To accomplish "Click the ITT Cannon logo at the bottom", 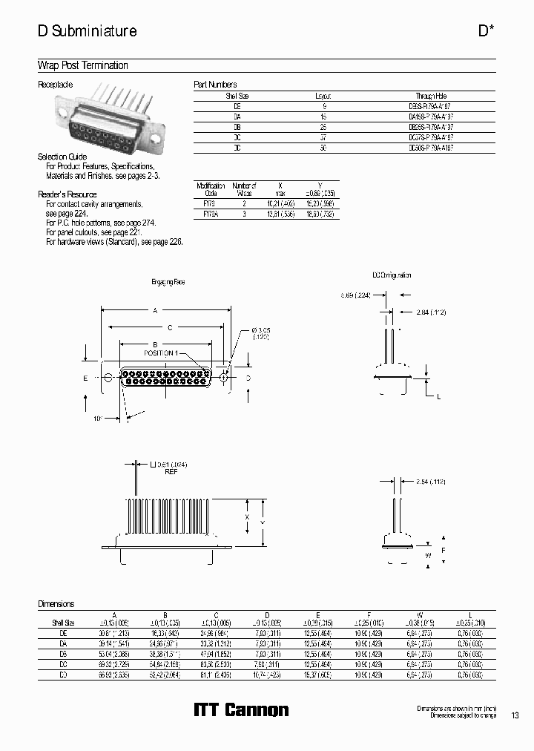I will click(241, 710).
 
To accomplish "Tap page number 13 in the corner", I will click(515, 715).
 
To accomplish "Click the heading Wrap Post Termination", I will click(83, 65).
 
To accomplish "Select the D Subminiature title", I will click(87, 31).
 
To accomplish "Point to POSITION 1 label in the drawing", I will click(160, 353).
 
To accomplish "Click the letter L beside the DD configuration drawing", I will click(438, 398).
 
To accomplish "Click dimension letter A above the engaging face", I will click(156, 312).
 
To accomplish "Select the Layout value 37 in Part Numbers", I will click(323, 137).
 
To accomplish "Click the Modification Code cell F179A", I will click(210, 213).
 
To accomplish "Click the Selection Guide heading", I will click(62, 157).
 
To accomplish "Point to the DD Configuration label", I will click(392, 275).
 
